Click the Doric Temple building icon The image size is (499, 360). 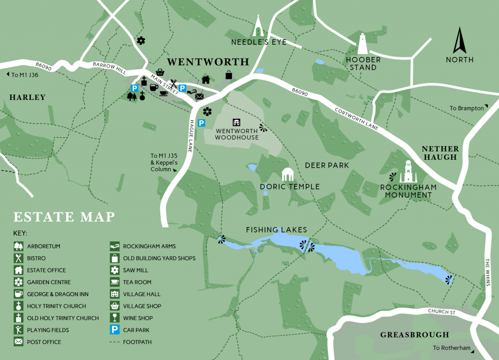pos(289,174)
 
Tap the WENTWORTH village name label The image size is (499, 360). pos(208,62)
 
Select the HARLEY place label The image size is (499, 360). pos(27,97)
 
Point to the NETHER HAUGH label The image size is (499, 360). pos(440,152)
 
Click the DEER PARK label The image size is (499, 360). pos(327,165)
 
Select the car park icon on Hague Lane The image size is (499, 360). pos(201,123)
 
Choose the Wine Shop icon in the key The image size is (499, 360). pos(115,318)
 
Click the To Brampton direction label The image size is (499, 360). pos(467,108)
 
